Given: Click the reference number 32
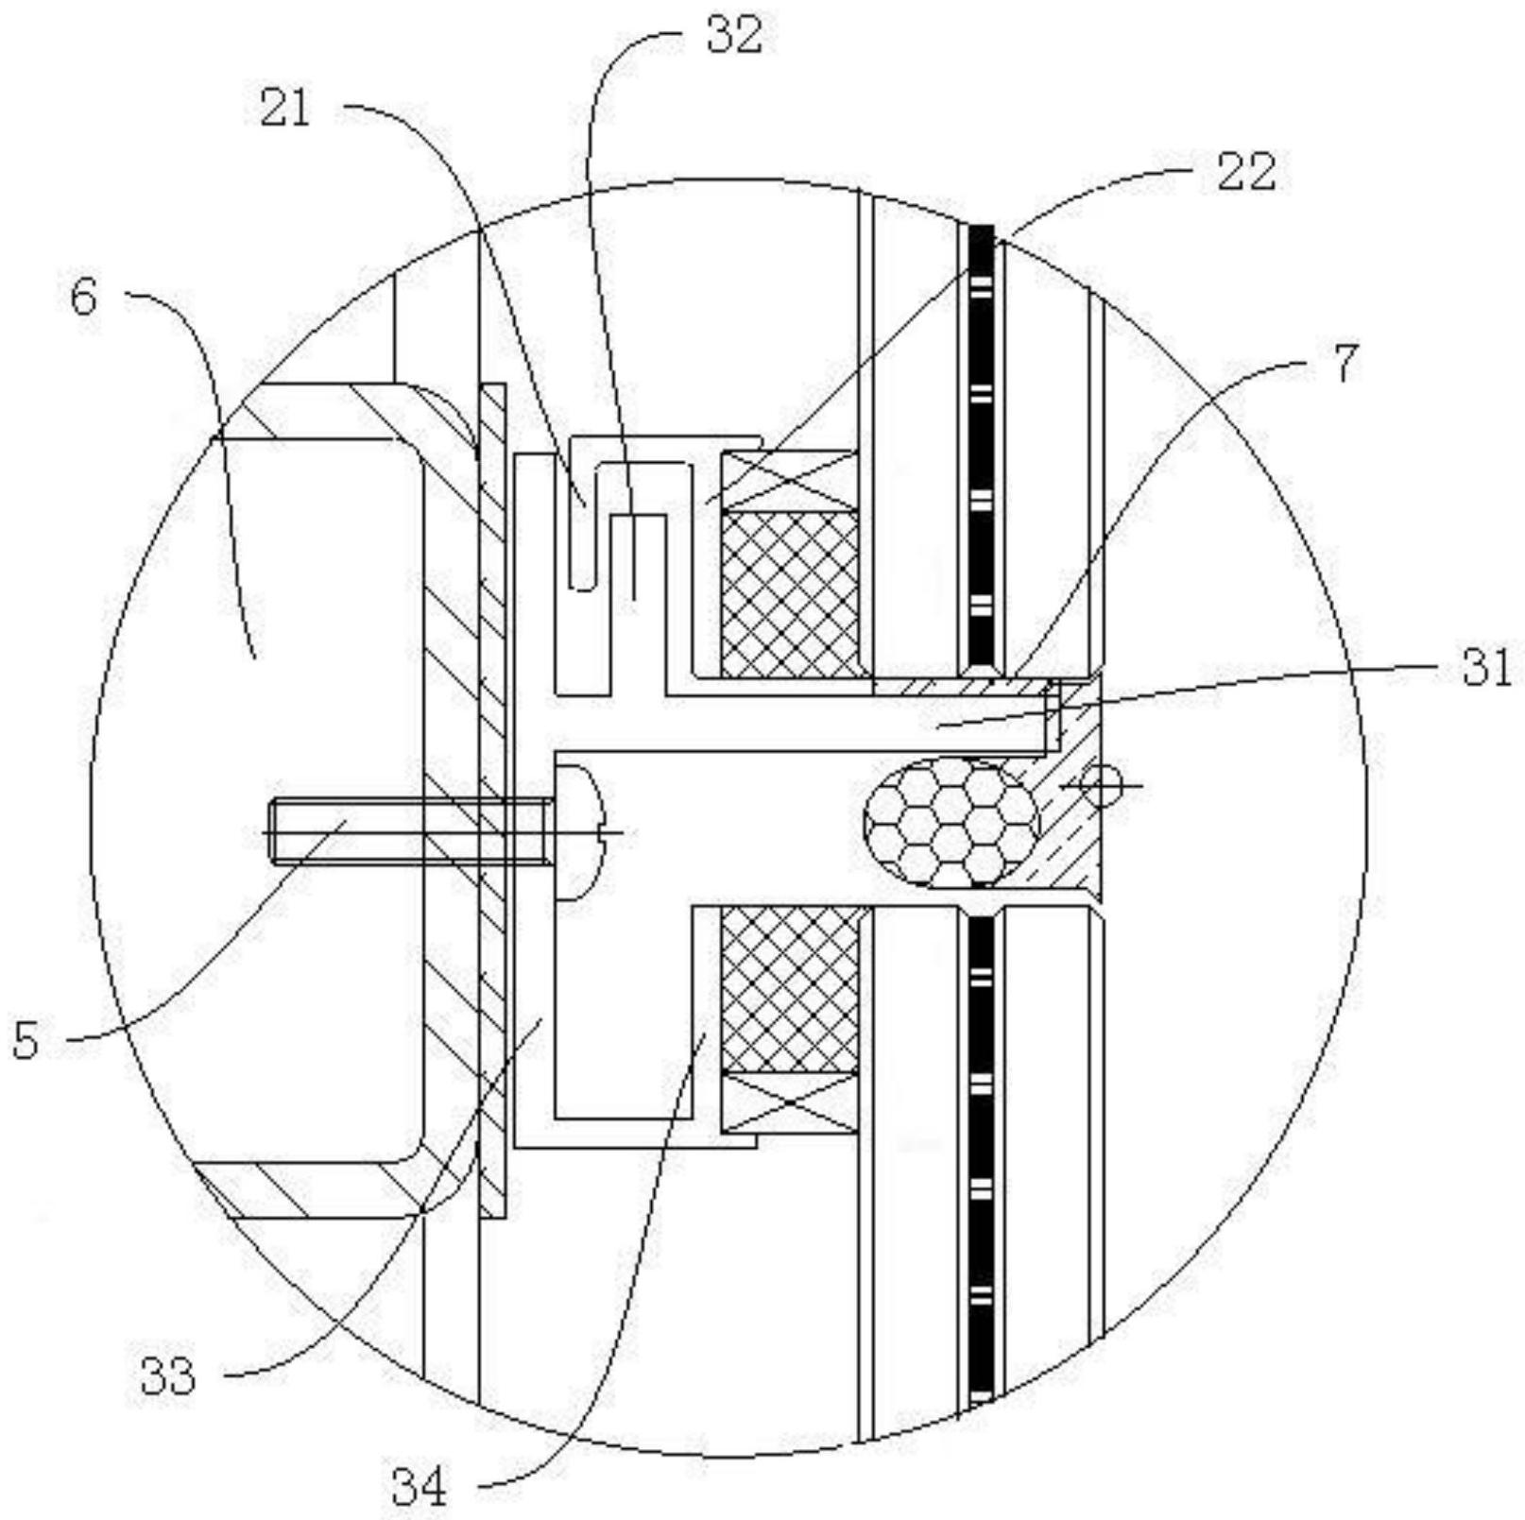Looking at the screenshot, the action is (733, 35).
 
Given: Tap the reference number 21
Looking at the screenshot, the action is (285, 110).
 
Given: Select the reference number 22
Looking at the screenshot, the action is (1245, 172).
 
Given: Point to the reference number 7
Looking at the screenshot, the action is (1346, 363).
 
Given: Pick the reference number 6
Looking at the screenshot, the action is (83, 298).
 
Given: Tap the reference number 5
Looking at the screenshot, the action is (26, 1040).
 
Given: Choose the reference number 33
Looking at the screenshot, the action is (168, 1375).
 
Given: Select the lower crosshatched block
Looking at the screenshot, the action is (791, 989).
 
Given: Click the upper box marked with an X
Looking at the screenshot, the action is (790, 481).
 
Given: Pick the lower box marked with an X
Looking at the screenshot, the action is (790, 1102).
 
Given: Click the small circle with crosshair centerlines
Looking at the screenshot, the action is (1102, 785).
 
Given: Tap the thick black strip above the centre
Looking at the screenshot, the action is (983, 449).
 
